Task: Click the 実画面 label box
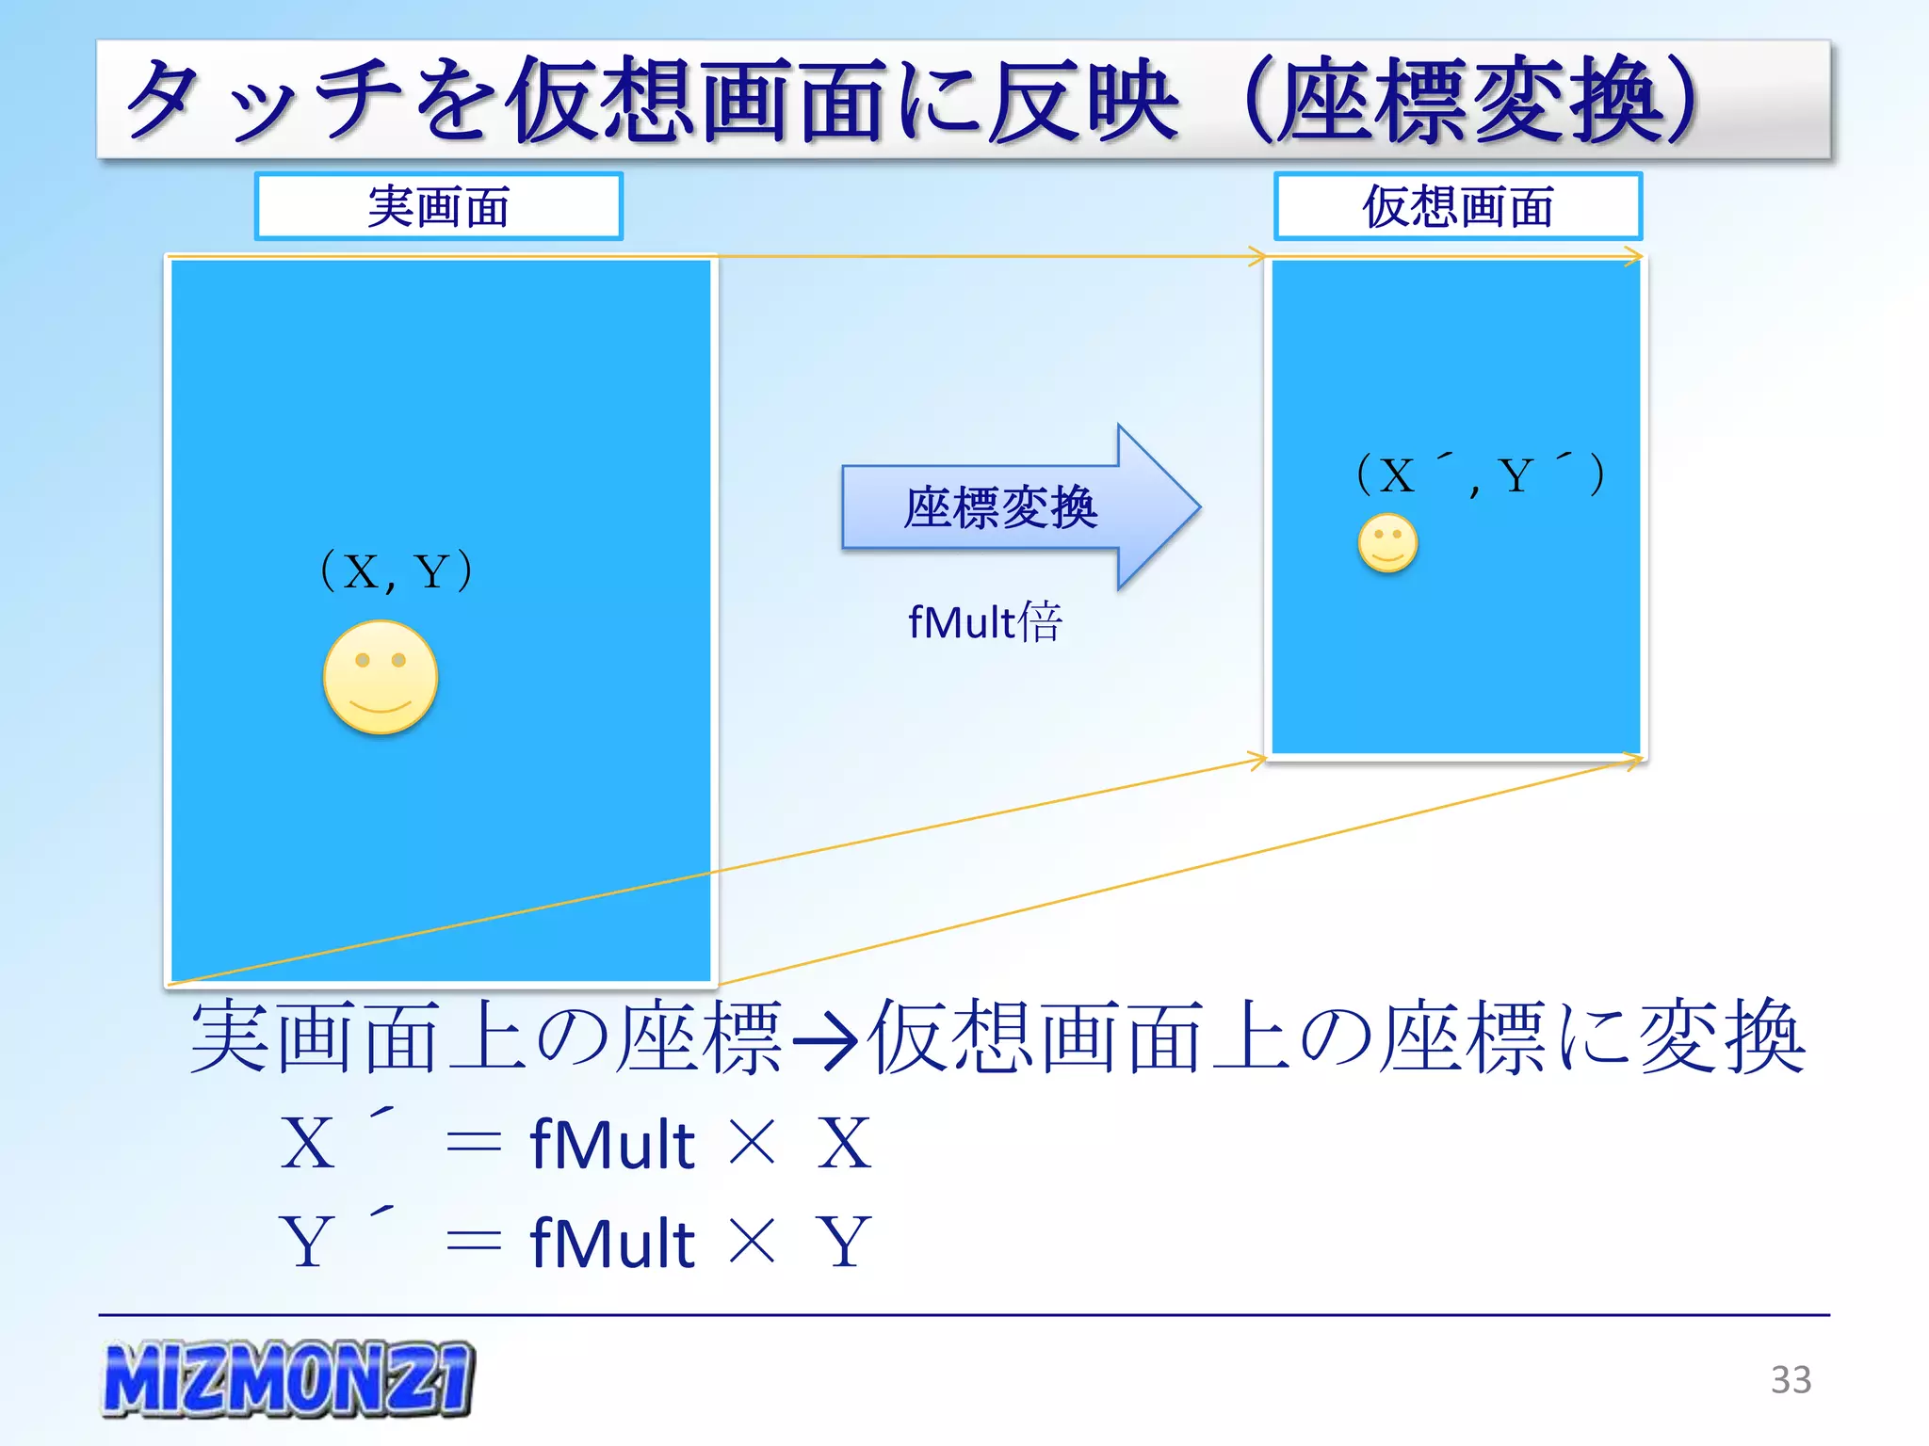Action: point(438,206)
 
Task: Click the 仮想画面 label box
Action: point(1457,206)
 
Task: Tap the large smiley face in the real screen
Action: point(381,677)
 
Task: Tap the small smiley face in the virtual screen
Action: point(1387,542)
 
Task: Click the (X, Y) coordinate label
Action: point(397,570)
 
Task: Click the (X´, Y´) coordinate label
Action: point(1480,474)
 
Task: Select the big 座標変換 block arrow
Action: point(1017,507)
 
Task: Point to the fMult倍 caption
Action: point(985,621)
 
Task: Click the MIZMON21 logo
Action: point(287,1378)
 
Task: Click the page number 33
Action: point(1791,1380)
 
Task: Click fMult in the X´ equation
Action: point(612,1144)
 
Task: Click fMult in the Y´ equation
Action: point(612,1243)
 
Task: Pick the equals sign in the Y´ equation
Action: point(473,1243)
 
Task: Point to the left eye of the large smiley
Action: point(363,660)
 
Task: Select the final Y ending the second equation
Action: point(844,1243)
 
